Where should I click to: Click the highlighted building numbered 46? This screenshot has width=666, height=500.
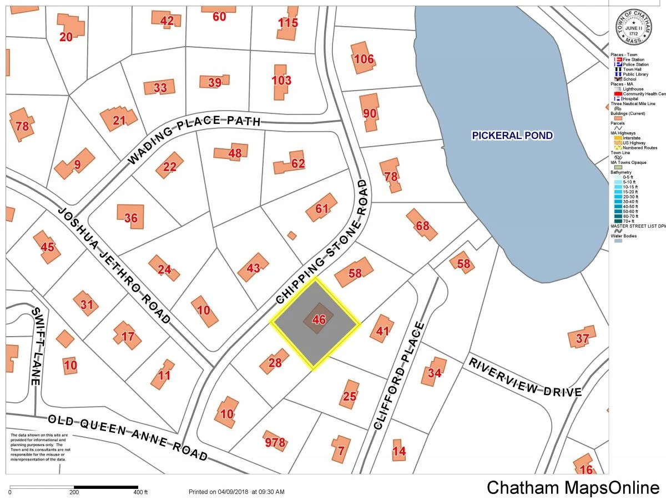(x=318, y=319)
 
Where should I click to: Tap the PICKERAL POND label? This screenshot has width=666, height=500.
(x=512, y=136)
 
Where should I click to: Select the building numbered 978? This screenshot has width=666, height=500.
(x=275, y=442)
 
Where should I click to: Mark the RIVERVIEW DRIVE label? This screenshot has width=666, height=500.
(x=525, y=377)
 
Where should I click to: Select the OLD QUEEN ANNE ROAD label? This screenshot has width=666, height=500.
(x=128, y=438)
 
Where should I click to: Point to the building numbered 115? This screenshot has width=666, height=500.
(x=287, y=23)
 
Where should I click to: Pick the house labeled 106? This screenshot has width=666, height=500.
(x=364, y=59)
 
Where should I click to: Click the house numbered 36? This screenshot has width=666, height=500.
(x=131, y=218)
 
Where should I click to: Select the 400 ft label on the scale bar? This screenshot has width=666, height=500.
(x=141, y=492)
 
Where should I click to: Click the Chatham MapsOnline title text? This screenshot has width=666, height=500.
(x=573, y=487)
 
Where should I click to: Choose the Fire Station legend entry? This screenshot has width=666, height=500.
(x=633, y=59)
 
